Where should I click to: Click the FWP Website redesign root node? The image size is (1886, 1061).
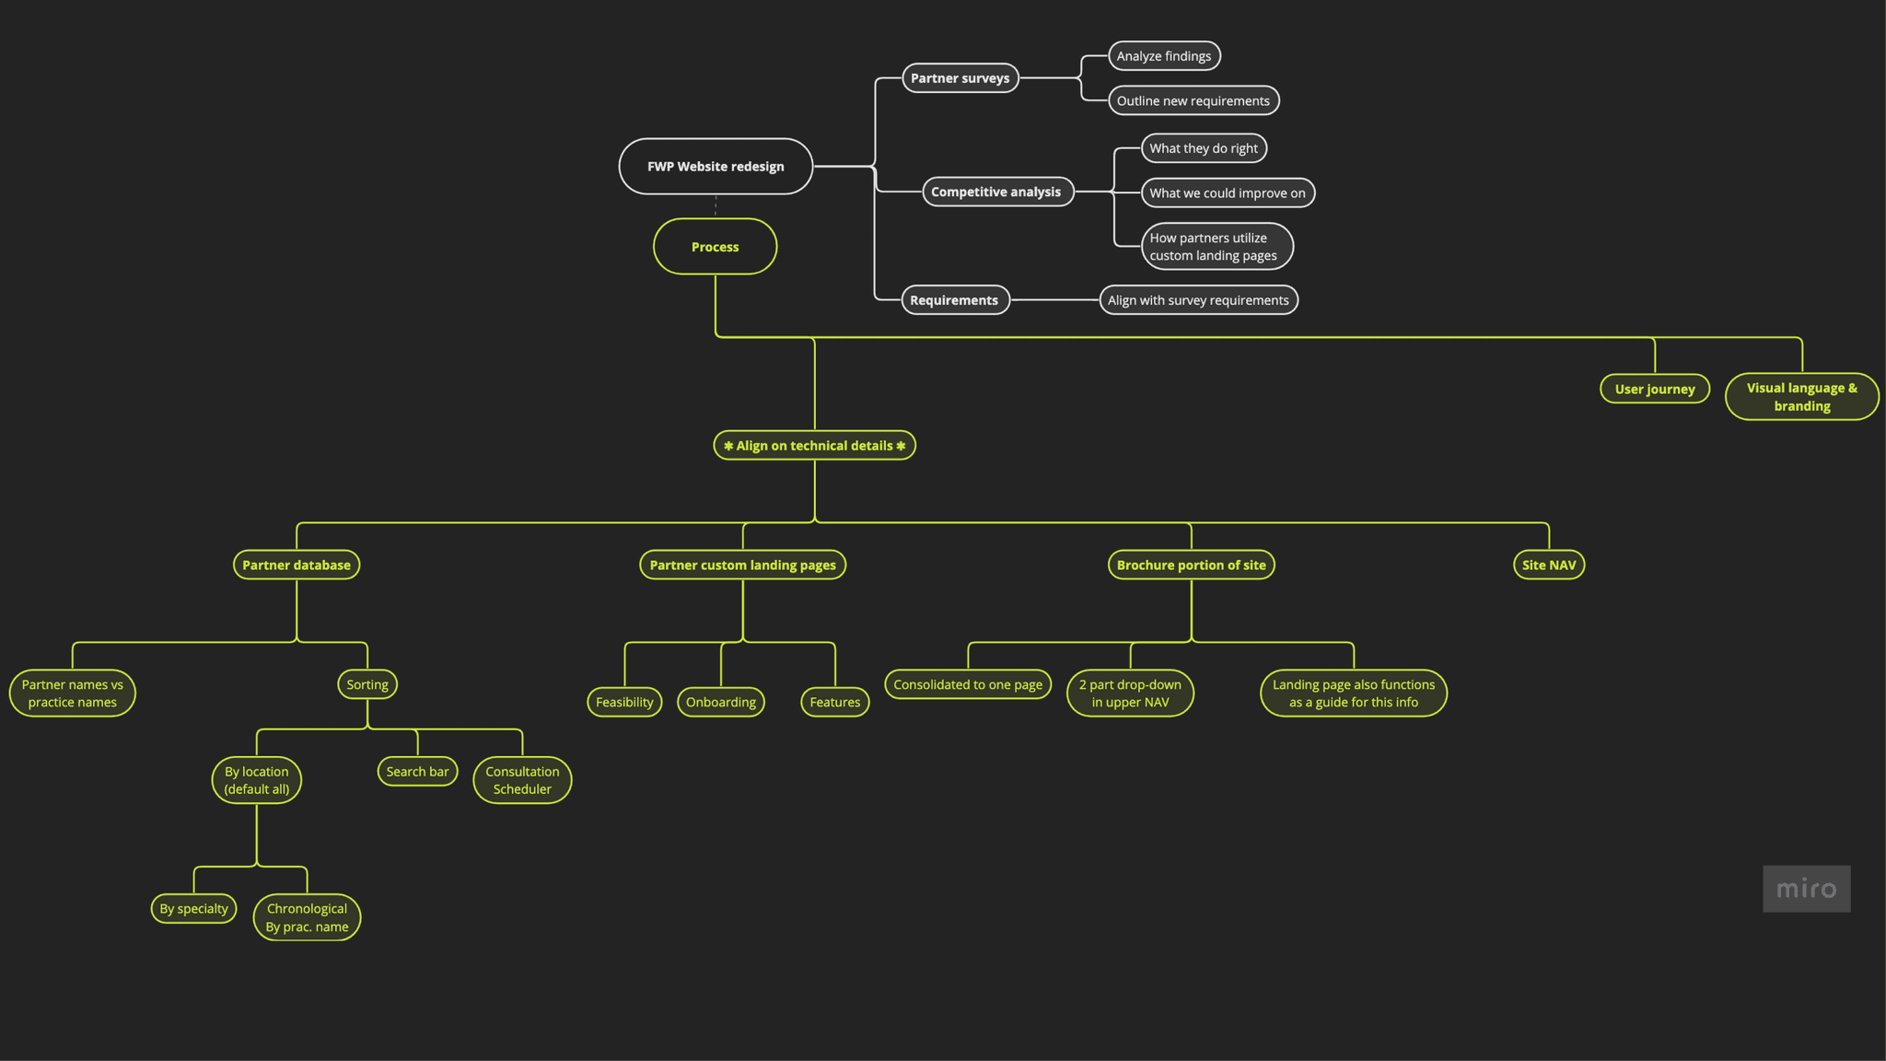click(716, 167)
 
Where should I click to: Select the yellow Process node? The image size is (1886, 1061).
click(715, 247)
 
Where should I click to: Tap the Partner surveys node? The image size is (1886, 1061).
click(960, 78)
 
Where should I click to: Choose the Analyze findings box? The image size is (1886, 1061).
click(1164, 56)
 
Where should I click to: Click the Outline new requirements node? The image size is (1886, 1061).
click(1193, 101)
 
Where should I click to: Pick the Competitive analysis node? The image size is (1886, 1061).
click(996, 192)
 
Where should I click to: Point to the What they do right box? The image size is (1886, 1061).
click(1203, 148)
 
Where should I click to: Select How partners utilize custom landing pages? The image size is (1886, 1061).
click(1216, 247)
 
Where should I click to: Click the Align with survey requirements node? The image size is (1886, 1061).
click(1198, 300)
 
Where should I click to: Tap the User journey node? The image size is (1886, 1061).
click(1654, 389)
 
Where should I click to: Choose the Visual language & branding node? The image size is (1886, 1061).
click(1801, 397)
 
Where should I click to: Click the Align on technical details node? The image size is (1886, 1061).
click(814, 446)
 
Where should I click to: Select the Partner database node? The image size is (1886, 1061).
click(297, 565)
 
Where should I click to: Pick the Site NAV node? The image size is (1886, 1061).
click(1548, 565)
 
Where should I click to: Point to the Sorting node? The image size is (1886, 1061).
click(367, 684)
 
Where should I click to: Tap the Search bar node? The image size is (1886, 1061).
click(417, 772)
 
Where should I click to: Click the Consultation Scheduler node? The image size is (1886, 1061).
click(522, 780)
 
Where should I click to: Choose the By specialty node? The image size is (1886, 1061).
click(193, 909)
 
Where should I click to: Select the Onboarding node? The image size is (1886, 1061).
click(720, 702)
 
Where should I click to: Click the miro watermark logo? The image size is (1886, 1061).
click(1806, 889)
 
